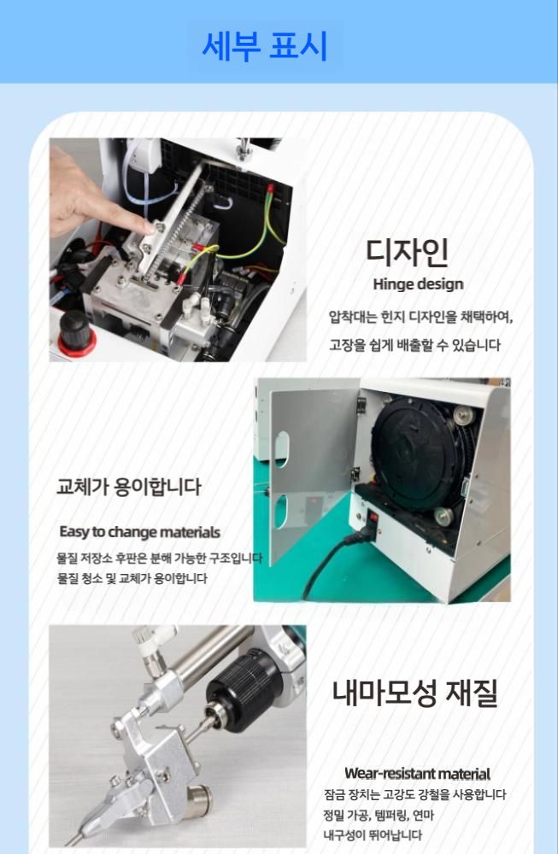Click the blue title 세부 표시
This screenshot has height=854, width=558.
click(x=265, y=46)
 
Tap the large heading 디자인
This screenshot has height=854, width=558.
click(x=407, y=252)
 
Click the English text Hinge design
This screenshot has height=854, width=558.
click(x=418, y=284)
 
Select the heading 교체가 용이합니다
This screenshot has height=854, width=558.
click(x=129, y=487)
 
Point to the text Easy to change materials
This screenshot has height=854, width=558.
click(x=140, y=531)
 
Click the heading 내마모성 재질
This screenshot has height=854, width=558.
click(x=414, y=693)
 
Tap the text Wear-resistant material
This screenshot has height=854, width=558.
click(x=417, y=774)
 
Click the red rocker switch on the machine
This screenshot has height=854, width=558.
click(x=373, y=517)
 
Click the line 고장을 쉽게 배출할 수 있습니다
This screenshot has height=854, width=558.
click(x=414, y=345)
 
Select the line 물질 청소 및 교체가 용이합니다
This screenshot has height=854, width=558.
click(x=132, y=578)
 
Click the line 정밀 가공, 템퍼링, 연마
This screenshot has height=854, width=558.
click(x=379, y=816)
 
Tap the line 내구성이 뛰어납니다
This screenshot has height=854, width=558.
click(x=373, y=835)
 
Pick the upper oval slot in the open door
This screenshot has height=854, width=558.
click(x=282, y=449)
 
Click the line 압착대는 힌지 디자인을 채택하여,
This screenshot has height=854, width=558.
click(x=420, y=317)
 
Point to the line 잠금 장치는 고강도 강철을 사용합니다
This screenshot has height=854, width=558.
click(x=414, y=794)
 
